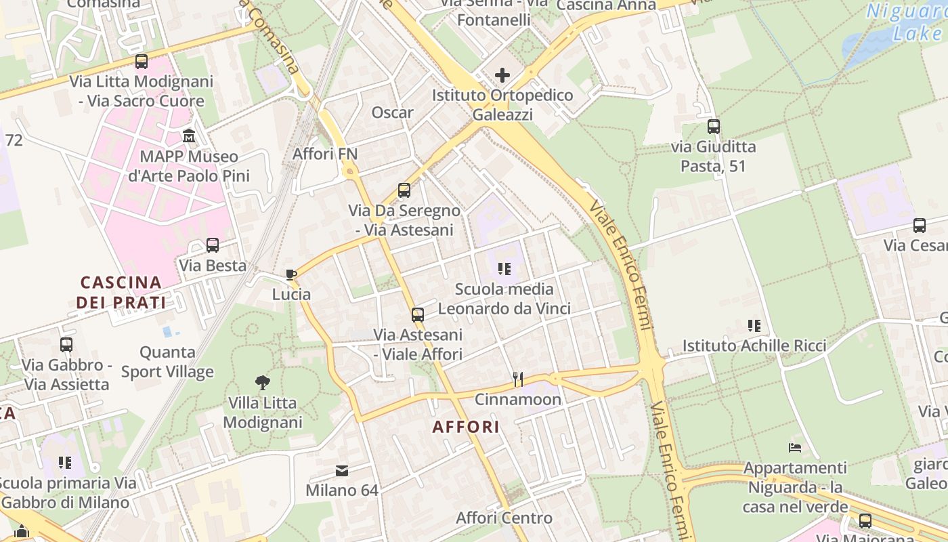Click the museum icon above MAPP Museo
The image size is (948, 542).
point(189,136)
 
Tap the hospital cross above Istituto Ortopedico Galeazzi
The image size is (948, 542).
point(502,75)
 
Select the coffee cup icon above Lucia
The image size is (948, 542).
point(291,274)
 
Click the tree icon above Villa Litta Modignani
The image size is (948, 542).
point(262,383)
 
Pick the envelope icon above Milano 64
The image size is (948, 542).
point(342,470)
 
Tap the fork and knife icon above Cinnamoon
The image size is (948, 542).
point(518,379)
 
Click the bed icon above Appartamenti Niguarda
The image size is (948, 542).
point(795,448)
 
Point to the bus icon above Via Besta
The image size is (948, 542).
point(213,245)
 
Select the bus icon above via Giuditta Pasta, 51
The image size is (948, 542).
point(714,127)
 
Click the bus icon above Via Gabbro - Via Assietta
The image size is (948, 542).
point(66,345)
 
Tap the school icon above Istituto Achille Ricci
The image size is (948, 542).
point(754,326)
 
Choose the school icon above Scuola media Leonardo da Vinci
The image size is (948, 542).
point(504,269)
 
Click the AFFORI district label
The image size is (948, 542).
point(467,427)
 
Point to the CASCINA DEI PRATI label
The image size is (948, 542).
point(121,292)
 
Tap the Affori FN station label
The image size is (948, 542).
point(325,154)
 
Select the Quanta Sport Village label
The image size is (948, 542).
point(167,362)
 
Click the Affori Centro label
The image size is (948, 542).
point(504,518)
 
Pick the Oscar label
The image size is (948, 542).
point(392,112)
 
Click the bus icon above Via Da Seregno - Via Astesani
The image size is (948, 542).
point(404,190)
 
